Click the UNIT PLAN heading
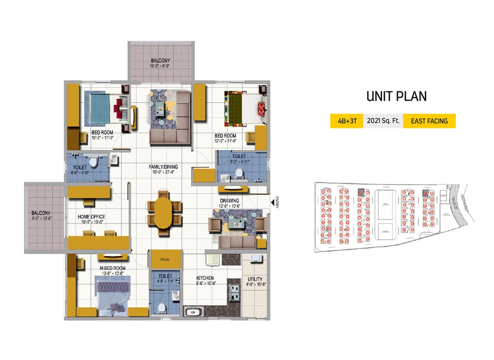pos(396,96)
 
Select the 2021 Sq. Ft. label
pos(382,121)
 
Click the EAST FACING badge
pos(429,121)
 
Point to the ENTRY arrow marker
pos(272,202)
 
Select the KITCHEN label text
pos(205,277)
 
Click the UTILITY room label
pos(255,279)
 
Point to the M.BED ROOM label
pos(112,268)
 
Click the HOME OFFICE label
pos(91,217)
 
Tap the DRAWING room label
pos(229,201)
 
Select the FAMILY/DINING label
pos(164,166)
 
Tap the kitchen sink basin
pos(193,312)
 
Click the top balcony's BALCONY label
pos(160,60)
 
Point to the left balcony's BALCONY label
pos(41,211)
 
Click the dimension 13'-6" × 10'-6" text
pos(112,274)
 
